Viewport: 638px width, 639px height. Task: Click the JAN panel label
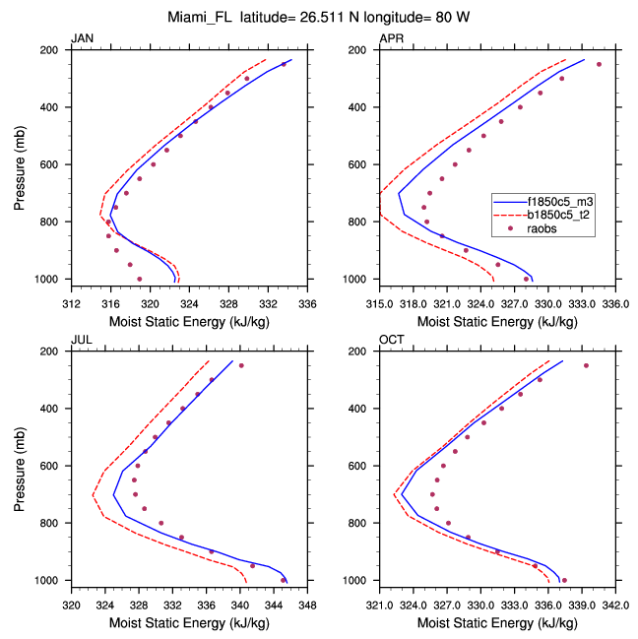(82, 38)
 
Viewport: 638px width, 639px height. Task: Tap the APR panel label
(391, 38)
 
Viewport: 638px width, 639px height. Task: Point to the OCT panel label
(391, 340)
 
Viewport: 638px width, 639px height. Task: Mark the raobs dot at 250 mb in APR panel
(599, 64)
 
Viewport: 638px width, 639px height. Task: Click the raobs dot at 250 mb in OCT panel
(586, 365)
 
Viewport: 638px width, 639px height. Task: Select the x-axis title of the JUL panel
(189, 623)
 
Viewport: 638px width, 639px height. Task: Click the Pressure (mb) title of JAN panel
(21, 165)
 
